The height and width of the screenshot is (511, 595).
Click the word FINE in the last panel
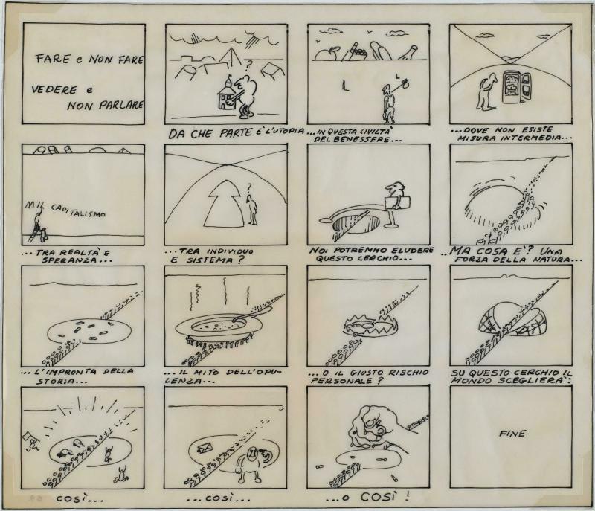(x=512, y=433)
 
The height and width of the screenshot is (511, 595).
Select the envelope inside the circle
(x=205, y=449)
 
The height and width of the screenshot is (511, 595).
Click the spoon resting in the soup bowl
(x=251, y=315)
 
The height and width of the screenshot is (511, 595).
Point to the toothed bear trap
(x=369, y=326)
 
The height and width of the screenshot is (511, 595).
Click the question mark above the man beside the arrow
(x=249, y=187)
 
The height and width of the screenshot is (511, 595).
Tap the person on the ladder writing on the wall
(x=38, y=225)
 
